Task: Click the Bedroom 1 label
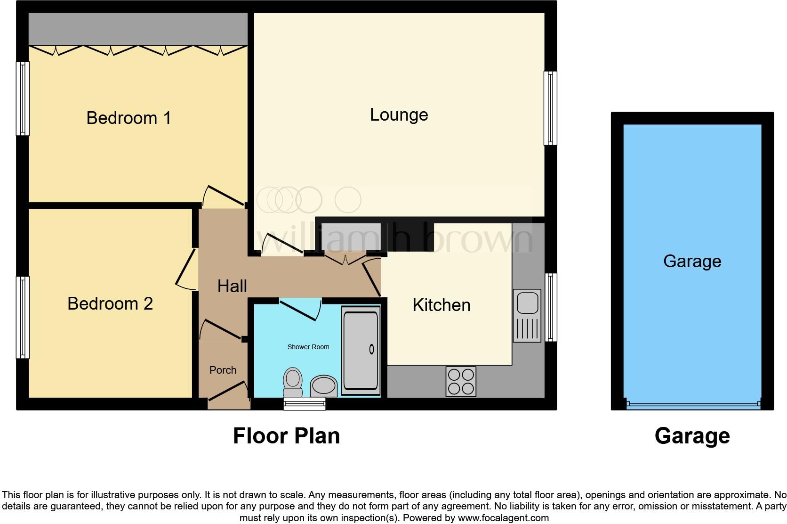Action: click(x=128, y=118)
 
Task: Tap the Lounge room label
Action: click(x=399, y=115)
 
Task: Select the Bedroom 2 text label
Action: click(x=110, y=303)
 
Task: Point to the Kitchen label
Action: click(x=441, y=305)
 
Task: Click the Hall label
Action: click(x=232, y=286)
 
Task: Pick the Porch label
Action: click(x=223, y=370)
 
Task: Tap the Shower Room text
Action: click(x=308, y=347)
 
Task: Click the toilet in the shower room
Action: click(x=293, y=382)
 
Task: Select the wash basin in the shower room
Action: click(x=323, y=385)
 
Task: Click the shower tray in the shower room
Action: click(x=361, y=351)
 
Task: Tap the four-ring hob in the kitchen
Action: click(x=461, y=381)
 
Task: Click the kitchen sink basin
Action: click(x=527, y=303)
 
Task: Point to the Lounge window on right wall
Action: click(x=550, y=108)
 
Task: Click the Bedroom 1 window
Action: click(x=22, y=98)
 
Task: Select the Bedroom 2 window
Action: click(x=22, y=317)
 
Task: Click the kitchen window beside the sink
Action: click(x=551, y=307)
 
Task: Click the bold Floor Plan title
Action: click(x=286, y=436)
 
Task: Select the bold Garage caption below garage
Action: click(x=692, y=436)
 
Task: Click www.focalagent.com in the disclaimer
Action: click(x=503, y=518)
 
